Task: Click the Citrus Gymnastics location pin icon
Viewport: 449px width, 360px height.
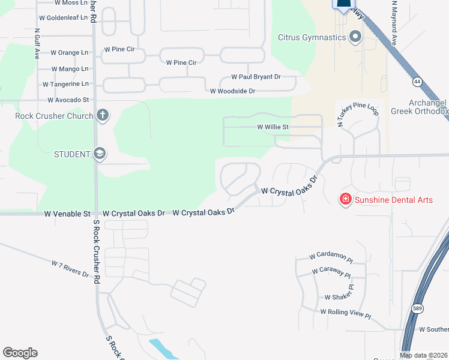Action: point(355,37)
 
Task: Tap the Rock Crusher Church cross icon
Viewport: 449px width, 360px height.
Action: point(102,115)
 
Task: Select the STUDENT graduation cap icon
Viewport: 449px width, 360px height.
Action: point(99,154)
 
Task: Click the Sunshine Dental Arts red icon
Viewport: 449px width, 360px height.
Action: point(345,200)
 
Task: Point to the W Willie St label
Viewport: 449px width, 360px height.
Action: point(273,127)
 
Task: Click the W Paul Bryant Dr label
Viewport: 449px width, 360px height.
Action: point(256,77)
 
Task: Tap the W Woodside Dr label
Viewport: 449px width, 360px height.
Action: point(232,91)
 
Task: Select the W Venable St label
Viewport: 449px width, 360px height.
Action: point(67,214)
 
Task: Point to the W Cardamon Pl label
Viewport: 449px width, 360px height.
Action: point(328,256)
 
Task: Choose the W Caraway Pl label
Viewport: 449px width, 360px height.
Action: point(331,272)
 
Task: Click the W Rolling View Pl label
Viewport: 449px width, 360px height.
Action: point(346,313)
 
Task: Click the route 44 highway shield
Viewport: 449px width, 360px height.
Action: point(417,80)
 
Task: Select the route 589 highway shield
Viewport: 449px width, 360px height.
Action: point(417,308)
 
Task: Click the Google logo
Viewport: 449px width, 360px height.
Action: point(20,353)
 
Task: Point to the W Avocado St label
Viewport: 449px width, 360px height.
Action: point(68,100)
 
